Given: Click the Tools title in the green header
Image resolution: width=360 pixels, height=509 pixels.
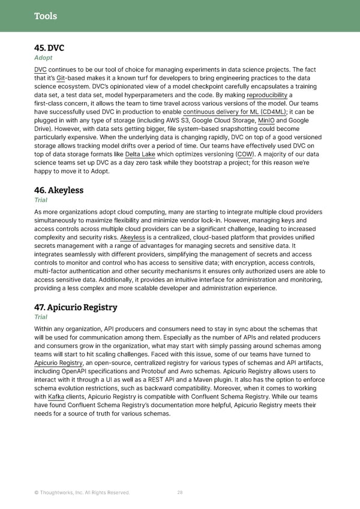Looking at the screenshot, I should tap(46, 16).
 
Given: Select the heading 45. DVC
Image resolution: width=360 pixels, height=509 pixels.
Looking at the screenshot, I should tap(49, 47).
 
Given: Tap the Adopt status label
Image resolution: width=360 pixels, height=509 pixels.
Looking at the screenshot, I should tap(43, 58).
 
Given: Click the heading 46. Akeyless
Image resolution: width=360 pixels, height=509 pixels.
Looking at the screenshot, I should tap(59, 190).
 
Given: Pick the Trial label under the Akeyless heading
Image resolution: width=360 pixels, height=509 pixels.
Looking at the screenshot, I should tap(41, 201).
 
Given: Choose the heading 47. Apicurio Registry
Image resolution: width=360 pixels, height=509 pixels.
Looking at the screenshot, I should tap(76, 307).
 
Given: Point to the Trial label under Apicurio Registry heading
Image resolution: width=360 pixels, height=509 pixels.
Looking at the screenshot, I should tap(41, 318).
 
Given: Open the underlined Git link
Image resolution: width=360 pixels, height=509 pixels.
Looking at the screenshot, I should tap(61, 78).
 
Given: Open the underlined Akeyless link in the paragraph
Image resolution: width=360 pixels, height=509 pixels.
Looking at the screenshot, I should tap(133, 237).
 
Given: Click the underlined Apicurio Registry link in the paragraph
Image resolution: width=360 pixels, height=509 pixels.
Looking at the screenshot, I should tap(59, 363).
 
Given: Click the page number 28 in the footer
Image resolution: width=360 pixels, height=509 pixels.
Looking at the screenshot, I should tap(179, 492).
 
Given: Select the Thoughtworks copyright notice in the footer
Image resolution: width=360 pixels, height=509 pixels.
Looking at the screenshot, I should tap(82, 492).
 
